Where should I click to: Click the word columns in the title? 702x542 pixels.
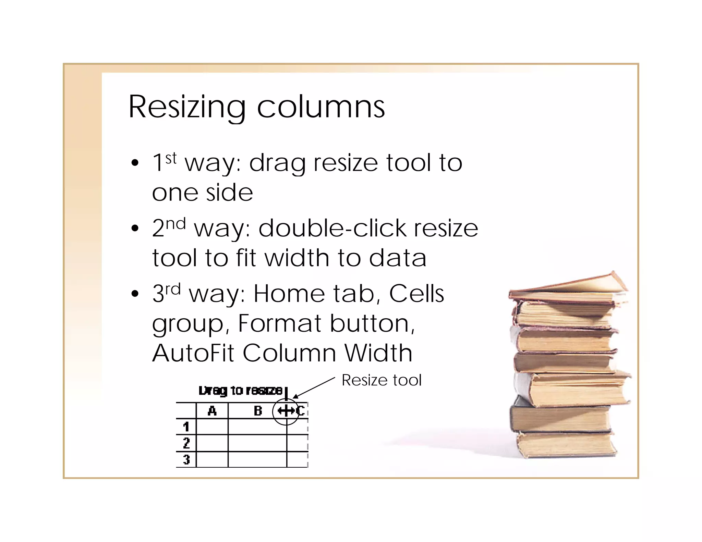coord(321,107)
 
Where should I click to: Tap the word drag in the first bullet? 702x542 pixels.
coord(277,163)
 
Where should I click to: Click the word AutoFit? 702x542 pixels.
coord(193,353)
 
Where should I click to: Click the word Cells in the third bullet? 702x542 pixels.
coord(416,294)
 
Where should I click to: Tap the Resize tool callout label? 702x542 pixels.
coord(382,380)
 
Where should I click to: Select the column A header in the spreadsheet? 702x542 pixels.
coord(212,410)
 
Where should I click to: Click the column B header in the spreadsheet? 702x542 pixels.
coord(258,410)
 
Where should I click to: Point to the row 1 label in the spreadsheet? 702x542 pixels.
coord(186,427)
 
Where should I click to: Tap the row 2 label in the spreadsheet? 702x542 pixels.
coord(186,443)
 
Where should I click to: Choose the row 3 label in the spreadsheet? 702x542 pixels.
coord(186,459)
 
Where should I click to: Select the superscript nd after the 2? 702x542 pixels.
coord(176,224)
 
